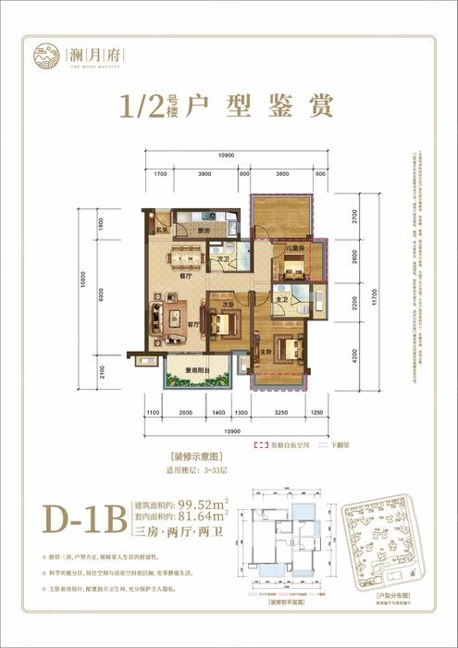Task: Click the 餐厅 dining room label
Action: pyautogui.click(x=184, y=276)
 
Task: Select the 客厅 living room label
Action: pyautogui.click(x=194, y=325)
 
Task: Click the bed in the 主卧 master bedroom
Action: pyautogui.click(x=288, y=349)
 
